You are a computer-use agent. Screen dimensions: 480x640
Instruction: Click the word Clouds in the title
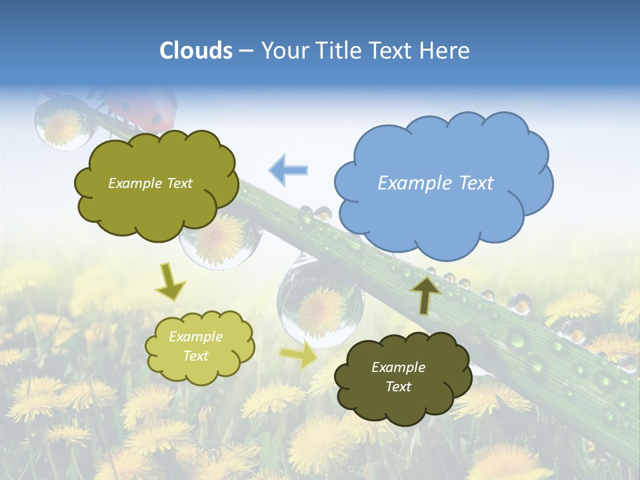(195, 51)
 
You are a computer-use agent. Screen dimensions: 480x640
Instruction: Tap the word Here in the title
(445, 51)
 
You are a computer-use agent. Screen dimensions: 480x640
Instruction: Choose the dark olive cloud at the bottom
(403, 400)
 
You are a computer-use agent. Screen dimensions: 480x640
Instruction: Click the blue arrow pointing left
(288, 170)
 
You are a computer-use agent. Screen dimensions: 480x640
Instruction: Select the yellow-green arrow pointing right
(299, 355)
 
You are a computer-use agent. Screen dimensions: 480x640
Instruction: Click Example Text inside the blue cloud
(435, 183)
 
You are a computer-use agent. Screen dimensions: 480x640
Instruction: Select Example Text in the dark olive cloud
(398, 377)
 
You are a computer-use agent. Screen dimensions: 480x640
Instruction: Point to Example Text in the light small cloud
(195, 346)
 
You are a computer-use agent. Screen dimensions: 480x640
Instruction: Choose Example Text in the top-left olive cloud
(150, 183)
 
